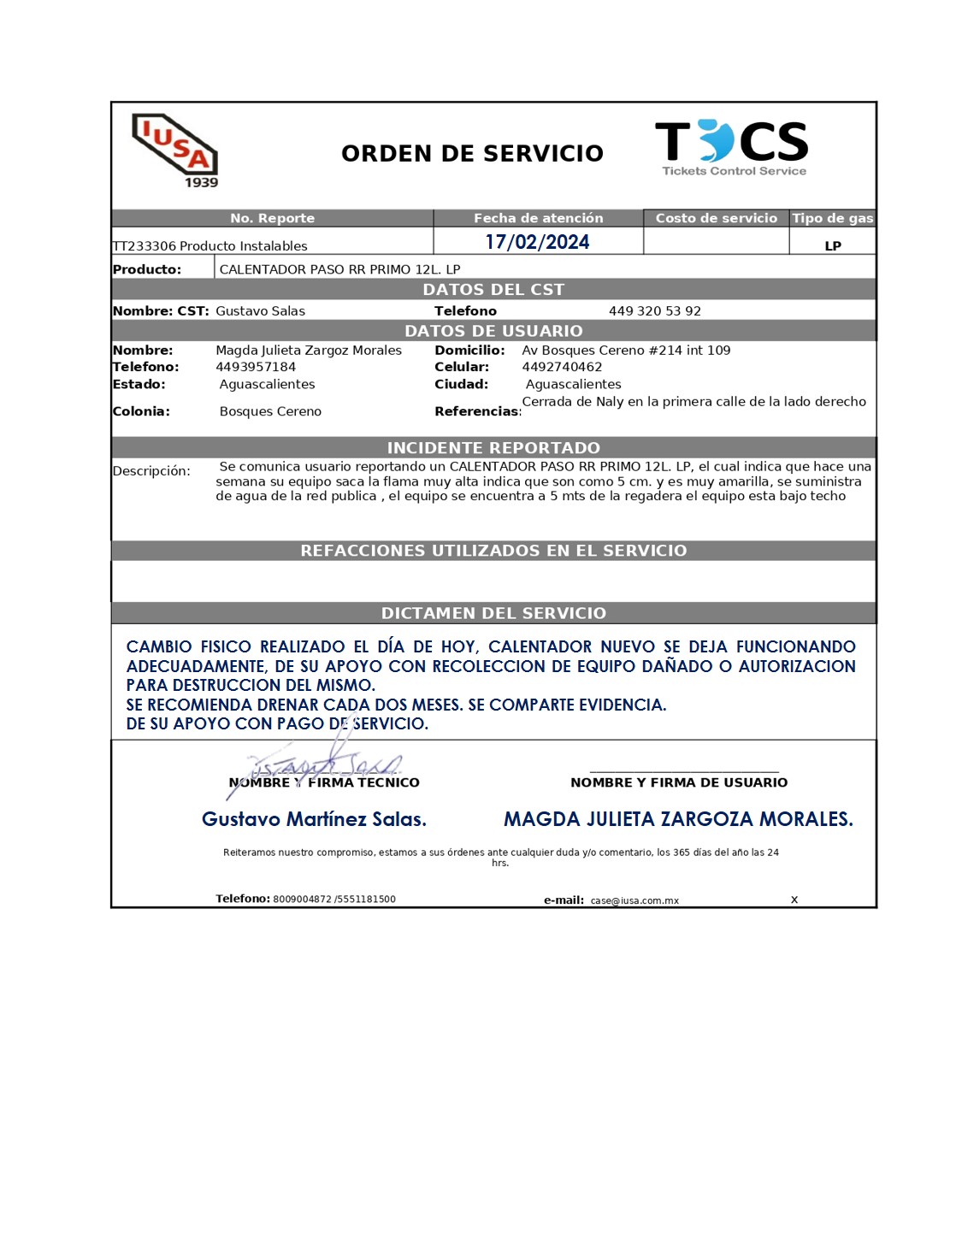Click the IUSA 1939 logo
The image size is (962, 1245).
176,150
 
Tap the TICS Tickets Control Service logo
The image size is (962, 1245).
732,147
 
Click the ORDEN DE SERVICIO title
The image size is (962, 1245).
472,154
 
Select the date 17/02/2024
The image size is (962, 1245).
537,242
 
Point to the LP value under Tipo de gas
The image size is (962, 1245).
832,246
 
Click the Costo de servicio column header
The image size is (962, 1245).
716,218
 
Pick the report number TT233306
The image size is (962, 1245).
145,246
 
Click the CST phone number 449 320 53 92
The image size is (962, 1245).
654,311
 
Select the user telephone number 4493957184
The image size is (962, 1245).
256,367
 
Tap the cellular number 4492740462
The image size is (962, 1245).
562,367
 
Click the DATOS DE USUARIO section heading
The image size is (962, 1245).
493,331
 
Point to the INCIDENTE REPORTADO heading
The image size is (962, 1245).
493,448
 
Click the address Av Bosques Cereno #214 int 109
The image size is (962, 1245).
626,351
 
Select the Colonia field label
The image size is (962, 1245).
141,411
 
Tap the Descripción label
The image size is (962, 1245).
151,471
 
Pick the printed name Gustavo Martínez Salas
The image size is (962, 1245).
314,819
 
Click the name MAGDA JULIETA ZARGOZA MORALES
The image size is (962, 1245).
678,819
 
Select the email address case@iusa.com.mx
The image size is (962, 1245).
634,900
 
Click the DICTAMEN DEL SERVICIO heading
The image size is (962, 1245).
493,613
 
